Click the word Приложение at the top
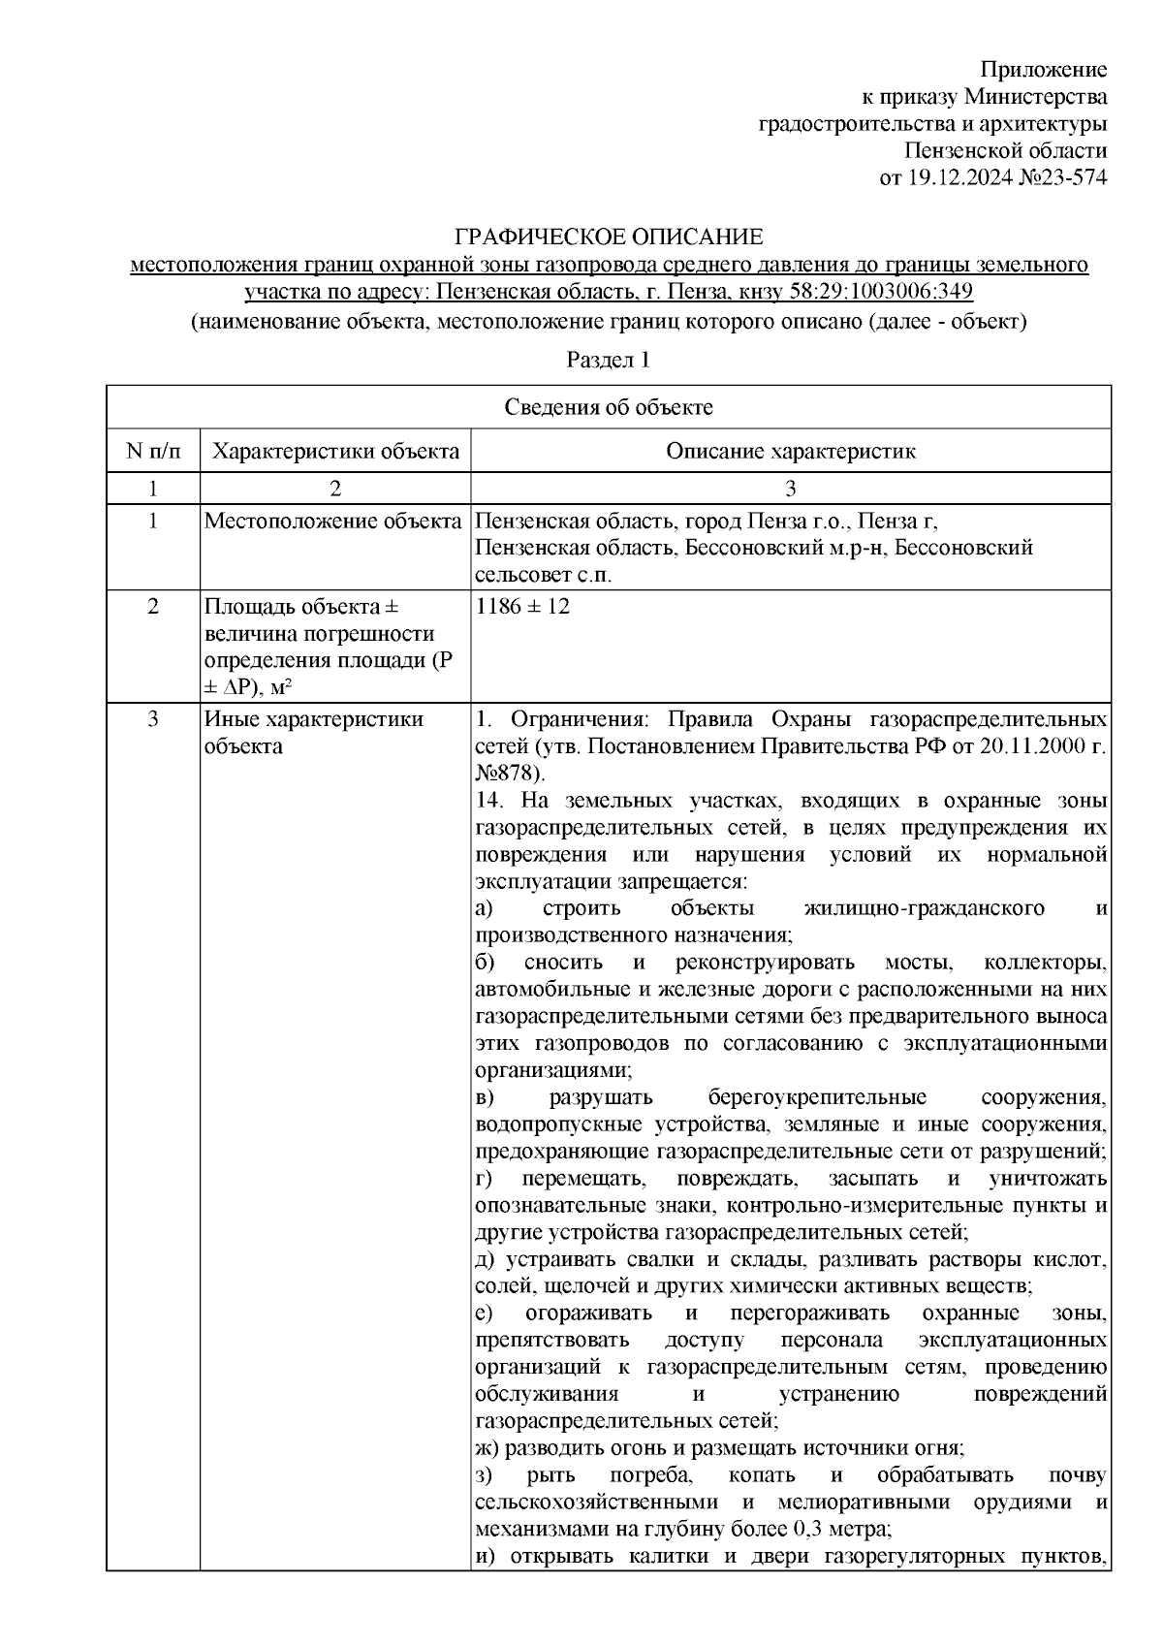click(1043, 70)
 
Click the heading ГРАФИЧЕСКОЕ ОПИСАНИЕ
click(610, 237)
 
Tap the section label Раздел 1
click(608, 361)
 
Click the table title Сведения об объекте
click(608, 407)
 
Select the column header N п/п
click(152, 451)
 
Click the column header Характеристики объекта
click(335, 451)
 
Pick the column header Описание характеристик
click(790, 451)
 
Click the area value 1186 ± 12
click(523, 607)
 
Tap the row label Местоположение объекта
click(332, 522)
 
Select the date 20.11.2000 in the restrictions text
click(1031, 746)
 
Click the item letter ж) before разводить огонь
click(487, 1448)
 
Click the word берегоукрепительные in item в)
click(817, 1097)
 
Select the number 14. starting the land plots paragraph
click(490, 801)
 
